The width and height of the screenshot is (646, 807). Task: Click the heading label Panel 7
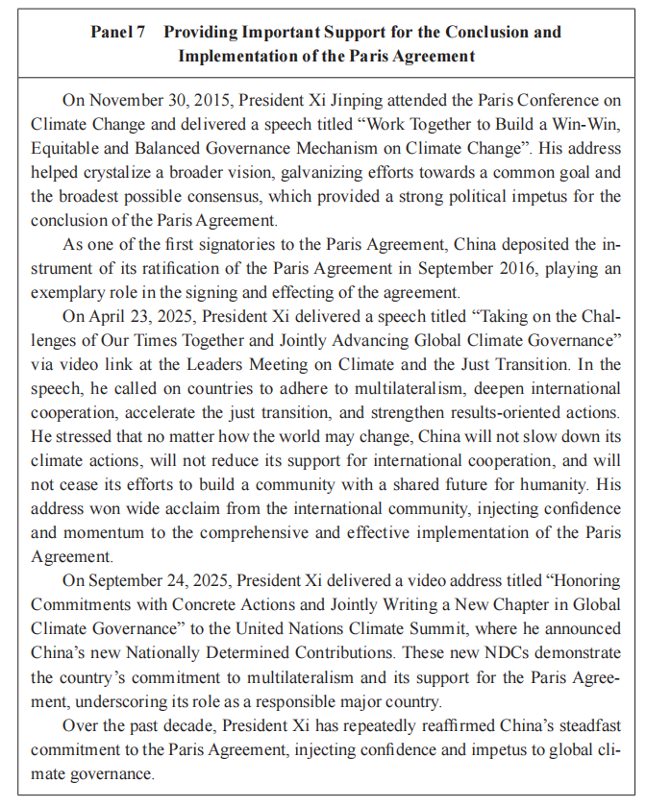click(x=117, y=33)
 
